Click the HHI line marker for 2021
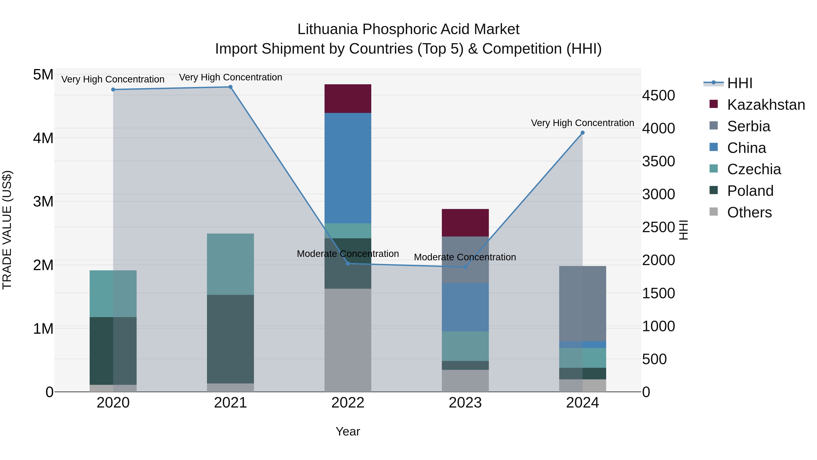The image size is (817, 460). pyautogui.click(x=231, y=87)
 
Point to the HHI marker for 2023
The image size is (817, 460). pyautogui.click(x=465, y=267)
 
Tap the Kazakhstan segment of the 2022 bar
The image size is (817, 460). pyautogui.click(x=348, y=99)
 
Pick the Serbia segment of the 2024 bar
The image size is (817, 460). pyautogui.click(x=582, y=303)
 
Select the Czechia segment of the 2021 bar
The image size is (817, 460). pyautogui.click(x=231, y=264)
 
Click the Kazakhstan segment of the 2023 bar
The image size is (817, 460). pyautogui.click(x=465, y=223)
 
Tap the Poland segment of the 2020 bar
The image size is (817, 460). pyautogui.click(x=113, y=351)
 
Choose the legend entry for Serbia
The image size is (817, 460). pyautogui.click(x=748, y=126)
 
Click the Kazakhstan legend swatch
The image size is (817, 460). pyautogui.click(x=714, y=104)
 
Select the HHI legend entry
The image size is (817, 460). pyautogui.click(x=740, y=83)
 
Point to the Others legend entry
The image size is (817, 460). pyautogui.click(x=749, y=212)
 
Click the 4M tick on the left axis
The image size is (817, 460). pyautogui.click(x=43, y=138)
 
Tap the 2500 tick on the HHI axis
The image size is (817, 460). pyautogui.click(x=658, y=227)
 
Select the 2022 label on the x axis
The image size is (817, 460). pyautogui.click(x=348, y=403)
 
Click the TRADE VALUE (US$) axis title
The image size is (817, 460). pyautogui.click(x=7, y=230)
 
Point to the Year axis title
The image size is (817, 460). pyautogui.click(x=348, y=431)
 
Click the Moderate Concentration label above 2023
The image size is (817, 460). pyautogui.click(x=465, y=257)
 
